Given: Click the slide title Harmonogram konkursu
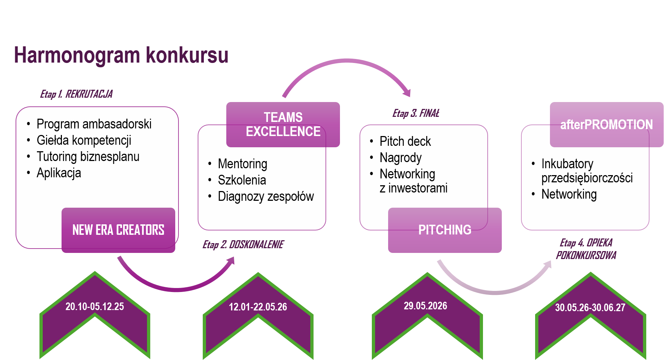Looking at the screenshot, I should coord(121,55).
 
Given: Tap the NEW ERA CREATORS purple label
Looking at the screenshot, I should coord(118,230).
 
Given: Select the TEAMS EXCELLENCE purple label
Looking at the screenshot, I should coord(283,124).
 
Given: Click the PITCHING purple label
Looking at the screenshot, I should coord(445,230).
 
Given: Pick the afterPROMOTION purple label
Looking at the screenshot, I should coord(606,125).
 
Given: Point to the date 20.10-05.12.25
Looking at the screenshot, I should coord(94,306).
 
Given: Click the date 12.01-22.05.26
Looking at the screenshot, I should coord(258,307).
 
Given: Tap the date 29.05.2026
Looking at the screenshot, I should coord(425,306).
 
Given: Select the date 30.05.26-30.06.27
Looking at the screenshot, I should coord(590,308).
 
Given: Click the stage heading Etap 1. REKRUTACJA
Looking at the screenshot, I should coord(76,94).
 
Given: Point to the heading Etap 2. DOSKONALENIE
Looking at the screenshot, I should coord(243,245).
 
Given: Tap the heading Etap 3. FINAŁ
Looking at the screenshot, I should coord(416,113).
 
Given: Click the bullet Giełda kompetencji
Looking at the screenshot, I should coord(84,140).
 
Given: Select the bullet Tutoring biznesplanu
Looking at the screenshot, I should coord(88,157).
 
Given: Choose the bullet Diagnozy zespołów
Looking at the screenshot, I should coord(265,196).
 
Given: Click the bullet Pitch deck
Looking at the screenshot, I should coord(405,141).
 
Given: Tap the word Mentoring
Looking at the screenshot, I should coord(242,164).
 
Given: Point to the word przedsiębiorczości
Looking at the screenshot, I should coord(587,178).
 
